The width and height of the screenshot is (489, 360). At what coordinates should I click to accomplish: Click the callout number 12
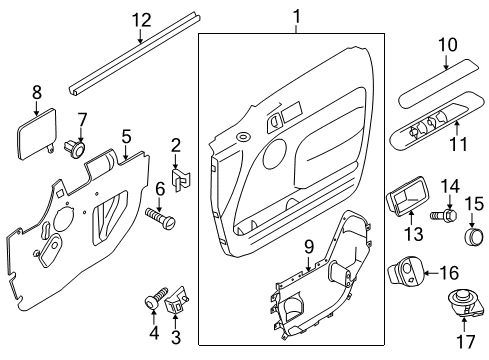tap(142, 21)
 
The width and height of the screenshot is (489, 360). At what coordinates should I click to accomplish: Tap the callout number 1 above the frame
tap(296, 16)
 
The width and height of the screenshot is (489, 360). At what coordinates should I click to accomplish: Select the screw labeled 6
tap(160, 218)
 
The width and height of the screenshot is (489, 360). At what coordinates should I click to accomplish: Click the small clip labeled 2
tap(180, 180)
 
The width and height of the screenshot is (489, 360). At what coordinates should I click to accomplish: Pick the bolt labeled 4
tap(156, 298)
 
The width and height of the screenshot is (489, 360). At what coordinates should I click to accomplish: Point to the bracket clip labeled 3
tap(177, 300)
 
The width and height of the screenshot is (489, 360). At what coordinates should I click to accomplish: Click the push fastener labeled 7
tap(75, 149)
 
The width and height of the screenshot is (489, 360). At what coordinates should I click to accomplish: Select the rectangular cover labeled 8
tap(37, 132)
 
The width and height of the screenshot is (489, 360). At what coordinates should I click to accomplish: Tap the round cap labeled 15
tap(474, 236)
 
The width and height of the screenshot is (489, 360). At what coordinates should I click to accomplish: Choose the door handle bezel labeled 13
tap(406, 194)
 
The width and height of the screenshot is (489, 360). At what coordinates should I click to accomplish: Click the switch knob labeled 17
tap(464, 304)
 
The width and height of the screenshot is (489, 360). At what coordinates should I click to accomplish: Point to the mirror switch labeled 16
tap(406, 270)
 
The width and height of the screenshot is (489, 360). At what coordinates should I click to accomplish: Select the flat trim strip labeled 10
tap(439, 83)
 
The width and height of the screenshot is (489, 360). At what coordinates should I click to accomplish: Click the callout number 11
tap(458, 144)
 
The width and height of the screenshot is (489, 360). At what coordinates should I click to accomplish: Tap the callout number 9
tap(309, 248)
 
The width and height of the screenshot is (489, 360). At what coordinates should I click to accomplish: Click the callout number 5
tap(127, 137)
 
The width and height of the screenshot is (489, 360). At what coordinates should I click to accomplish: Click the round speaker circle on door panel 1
tap(275, 155)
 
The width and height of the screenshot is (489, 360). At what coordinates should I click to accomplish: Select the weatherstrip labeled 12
tap(135, 55)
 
